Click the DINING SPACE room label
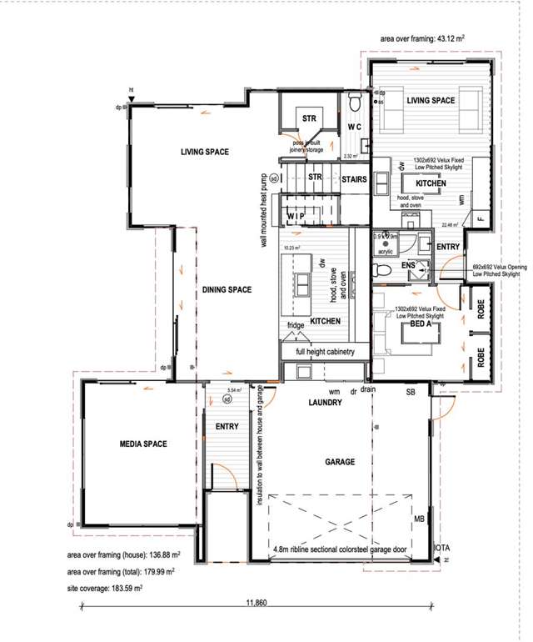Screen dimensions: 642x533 tap(227, 289)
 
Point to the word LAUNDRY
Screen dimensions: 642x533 tap(324, 403)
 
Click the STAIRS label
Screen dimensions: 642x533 tap(354, 178)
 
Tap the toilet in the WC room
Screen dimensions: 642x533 tap(354, 104)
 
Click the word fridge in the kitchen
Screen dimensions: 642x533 tap(296, 325)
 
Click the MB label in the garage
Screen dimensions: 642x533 tap(418, 517)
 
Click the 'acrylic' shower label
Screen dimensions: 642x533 tap(385, 249)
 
